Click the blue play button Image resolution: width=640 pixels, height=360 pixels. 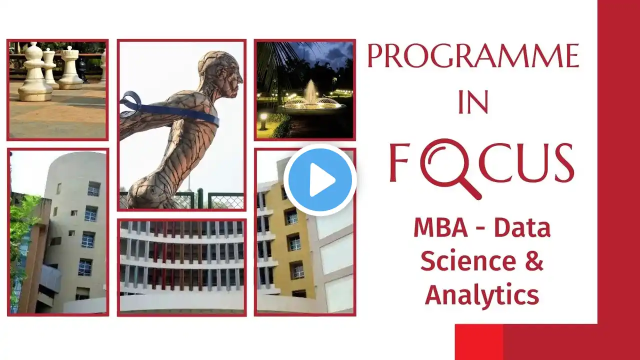point(320,180)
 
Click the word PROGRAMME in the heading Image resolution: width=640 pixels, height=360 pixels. point(473,55)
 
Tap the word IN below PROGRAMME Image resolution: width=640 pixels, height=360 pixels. point(473,102)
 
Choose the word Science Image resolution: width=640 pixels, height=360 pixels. point(468,261)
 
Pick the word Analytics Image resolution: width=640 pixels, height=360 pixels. point(482,295)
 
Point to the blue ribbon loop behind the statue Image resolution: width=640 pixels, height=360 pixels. point(130,104)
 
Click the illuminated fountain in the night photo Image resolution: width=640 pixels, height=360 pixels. point(312,98)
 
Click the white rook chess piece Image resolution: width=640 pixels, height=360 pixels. point(69,68)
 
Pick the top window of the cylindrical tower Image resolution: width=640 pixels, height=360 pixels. point(93,188)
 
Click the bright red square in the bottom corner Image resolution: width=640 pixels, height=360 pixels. point(479,342)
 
